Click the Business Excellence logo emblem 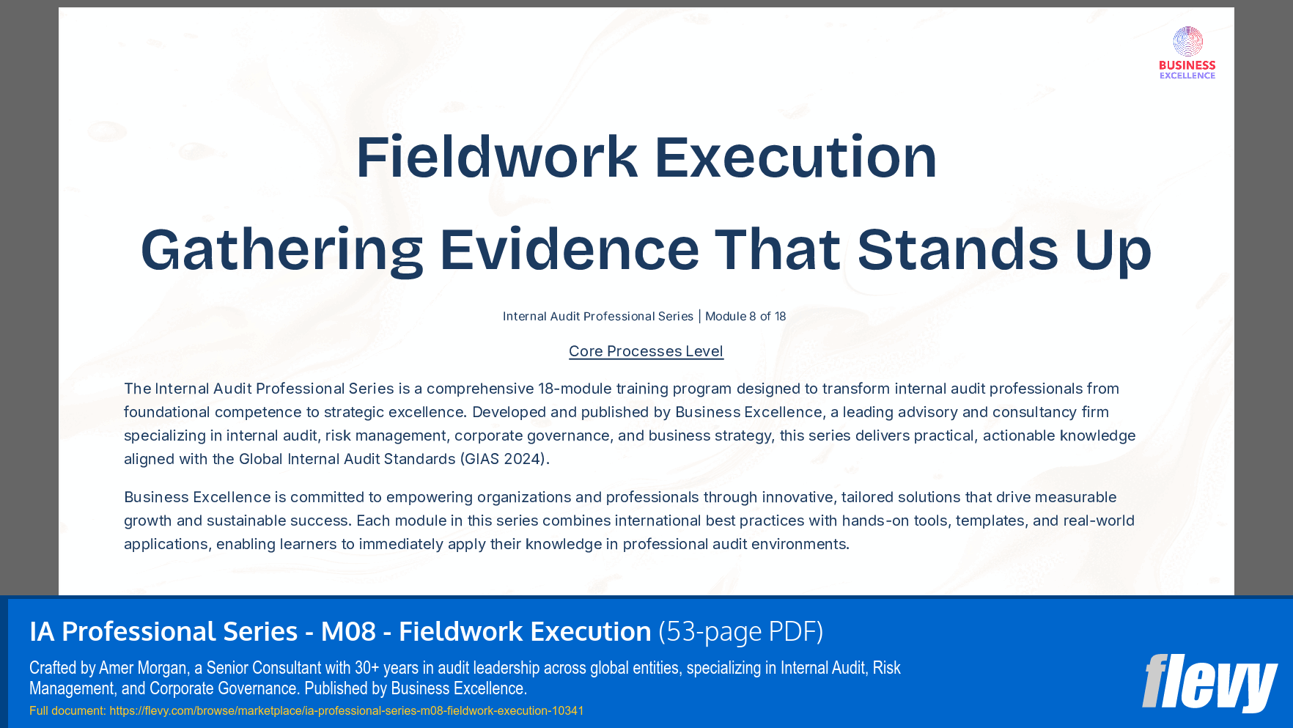pos(1187,42)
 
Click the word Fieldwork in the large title pos(496,157)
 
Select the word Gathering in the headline pos(281,250)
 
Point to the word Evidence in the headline pos(569,250)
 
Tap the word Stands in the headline pos(957,250)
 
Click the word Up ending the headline pos(1113,250)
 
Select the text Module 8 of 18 pos(745,317)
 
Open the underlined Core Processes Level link pos(646,351)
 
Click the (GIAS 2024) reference pos(504,459)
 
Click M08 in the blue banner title pos(348,631)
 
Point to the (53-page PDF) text pos(740,631)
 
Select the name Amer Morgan pos(142,668)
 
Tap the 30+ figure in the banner pos(366,668)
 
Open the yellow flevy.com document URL pos(346,710)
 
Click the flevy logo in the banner pos(1209,683)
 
